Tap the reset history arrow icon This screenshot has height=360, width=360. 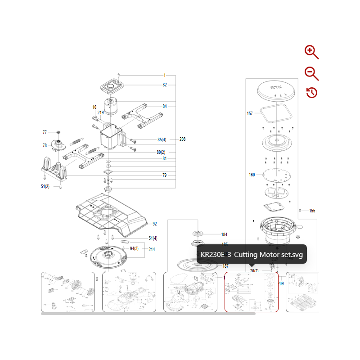312,93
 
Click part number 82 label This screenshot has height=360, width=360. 165,85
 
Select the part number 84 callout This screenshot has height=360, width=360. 165,106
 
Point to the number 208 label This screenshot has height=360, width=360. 182,139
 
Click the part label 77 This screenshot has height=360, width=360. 45,132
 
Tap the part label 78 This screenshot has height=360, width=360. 45,145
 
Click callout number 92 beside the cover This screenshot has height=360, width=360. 154,224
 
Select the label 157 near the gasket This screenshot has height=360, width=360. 250,113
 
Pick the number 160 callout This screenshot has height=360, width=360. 252,175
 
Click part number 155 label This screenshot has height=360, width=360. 312,211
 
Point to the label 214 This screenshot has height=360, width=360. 152,249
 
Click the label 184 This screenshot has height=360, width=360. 225,234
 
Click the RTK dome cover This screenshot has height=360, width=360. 275,91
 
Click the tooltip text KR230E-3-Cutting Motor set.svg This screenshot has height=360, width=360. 252,255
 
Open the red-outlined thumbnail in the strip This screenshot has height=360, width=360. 252,292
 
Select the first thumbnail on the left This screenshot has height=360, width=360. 68,292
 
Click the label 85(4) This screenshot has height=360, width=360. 162,139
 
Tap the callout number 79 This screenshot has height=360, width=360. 165,175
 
